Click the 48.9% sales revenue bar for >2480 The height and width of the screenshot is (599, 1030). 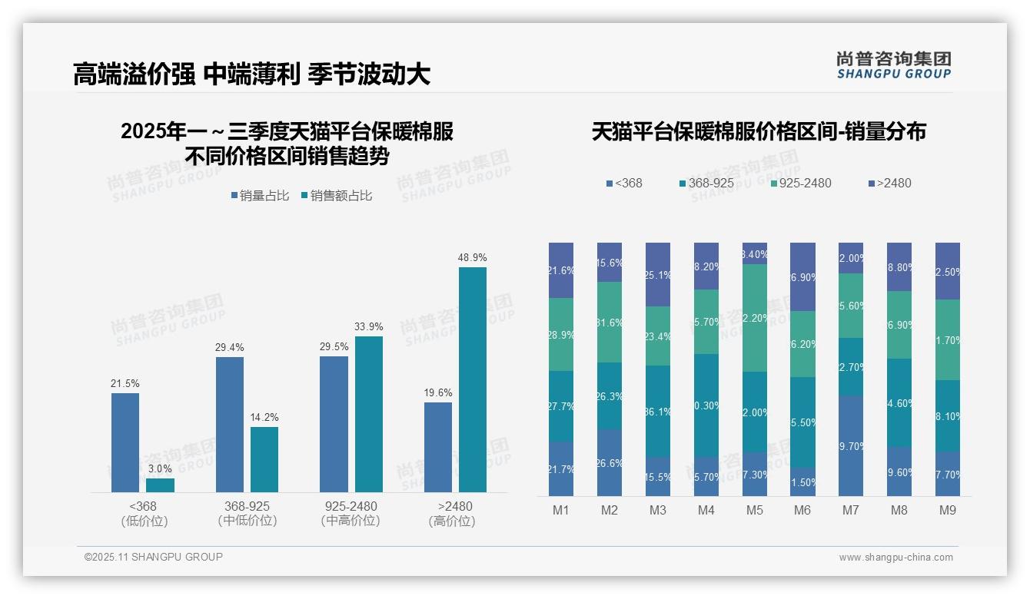(473, 379)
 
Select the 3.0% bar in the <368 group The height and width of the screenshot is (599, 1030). (160, 485)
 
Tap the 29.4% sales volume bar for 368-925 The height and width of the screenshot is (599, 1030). (230, 424)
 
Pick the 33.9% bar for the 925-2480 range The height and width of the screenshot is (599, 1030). (369, 414)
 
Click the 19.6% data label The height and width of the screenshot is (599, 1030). (438, 392)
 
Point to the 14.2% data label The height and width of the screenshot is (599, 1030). (264, 417)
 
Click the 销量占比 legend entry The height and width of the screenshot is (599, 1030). (260, 196)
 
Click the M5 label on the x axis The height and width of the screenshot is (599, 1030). (754, 510)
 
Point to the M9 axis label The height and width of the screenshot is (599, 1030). (947, 510)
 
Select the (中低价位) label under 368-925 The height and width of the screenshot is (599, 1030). (248, 521)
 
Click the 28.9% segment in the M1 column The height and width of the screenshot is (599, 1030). (561, 334)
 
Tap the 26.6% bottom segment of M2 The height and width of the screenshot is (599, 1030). (610, 462)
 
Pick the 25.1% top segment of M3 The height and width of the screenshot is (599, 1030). (658, 274)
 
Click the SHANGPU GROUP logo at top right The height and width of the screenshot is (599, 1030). (893, 65)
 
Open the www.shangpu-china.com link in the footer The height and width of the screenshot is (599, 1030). (895, 558)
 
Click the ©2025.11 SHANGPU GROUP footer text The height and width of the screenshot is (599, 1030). (154, 557)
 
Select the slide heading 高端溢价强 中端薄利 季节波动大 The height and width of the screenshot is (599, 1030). (251, 74)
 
